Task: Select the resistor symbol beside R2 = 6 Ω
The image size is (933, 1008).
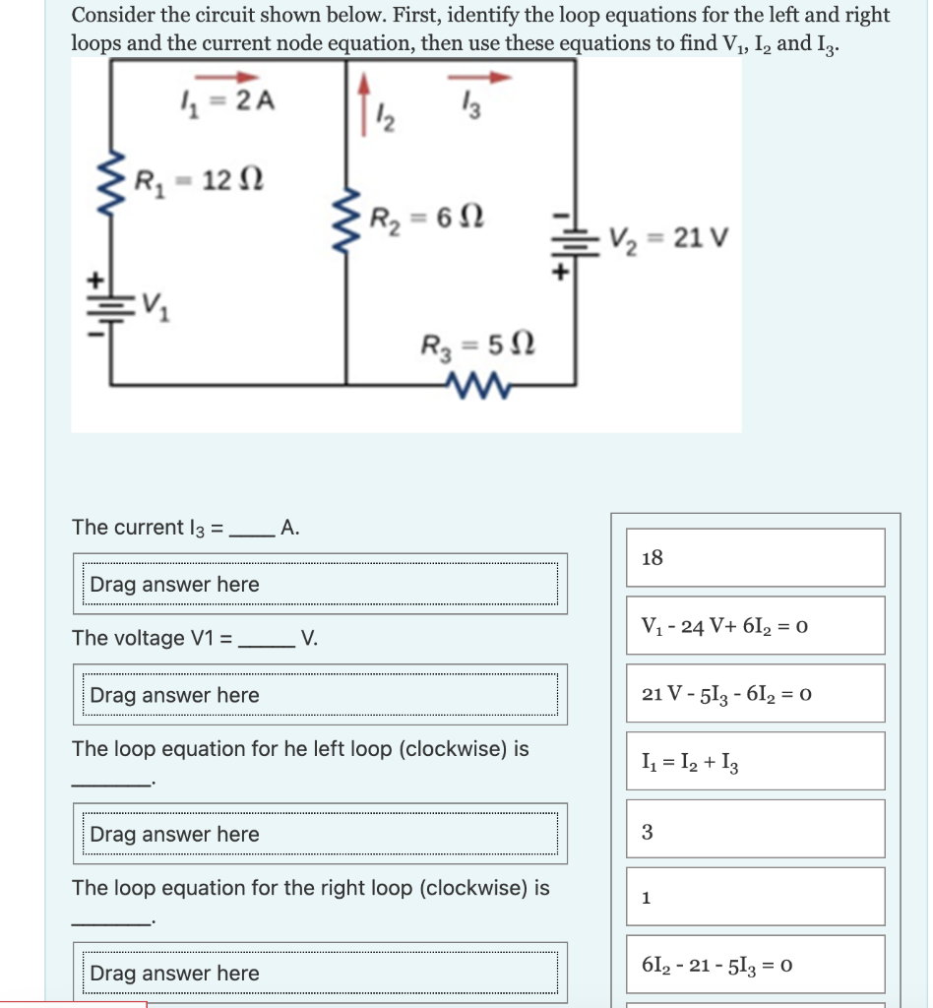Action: (x=345, y=218)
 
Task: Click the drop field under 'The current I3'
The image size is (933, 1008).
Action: (x=320, y=584)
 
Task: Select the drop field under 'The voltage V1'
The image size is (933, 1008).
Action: (x=320, y=695)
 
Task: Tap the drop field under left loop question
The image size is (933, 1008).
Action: (x=320, y=834)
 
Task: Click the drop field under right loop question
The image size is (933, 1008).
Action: (x=320, y=973)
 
